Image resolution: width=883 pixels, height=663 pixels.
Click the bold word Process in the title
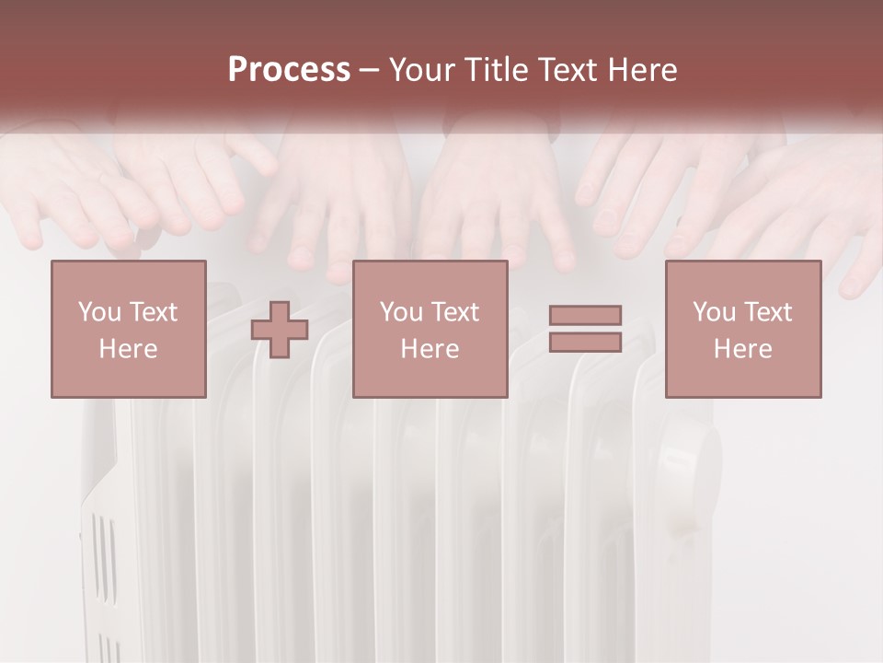pyautogui.click(x=289, y=70)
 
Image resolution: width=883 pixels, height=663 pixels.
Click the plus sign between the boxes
pyautogui.click(x=280, y=329)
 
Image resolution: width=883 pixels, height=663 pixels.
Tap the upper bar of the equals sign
pyautogui.click(x=585, y=315)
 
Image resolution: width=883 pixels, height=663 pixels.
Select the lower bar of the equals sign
pyautogui.click(x=585, y=343)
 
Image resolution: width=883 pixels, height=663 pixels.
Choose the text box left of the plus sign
pyautogui.click(x=128, y=329)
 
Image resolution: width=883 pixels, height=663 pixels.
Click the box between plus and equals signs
pyautogui.click(x=430, y=329)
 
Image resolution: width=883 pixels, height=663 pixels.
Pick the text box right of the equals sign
pyautogui.click(x=742, y=329)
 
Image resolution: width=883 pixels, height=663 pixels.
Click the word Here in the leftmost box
pyautogui.click(x=128, y=349)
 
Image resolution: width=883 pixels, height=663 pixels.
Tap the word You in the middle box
pyautogui.click(x=401, y=312)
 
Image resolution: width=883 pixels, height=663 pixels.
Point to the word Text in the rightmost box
pyautogui.click(x=768, y=312)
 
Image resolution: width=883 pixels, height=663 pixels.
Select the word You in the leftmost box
pyautogui.click(x=99, y=312)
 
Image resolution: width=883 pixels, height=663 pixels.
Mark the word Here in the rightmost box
pyautogui.click(x=742, y=349)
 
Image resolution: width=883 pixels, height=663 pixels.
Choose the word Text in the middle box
pyautogui.click(x=455, y=312)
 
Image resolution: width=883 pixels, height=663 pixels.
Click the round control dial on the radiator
pyautogui.click(x=690, y=465)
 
